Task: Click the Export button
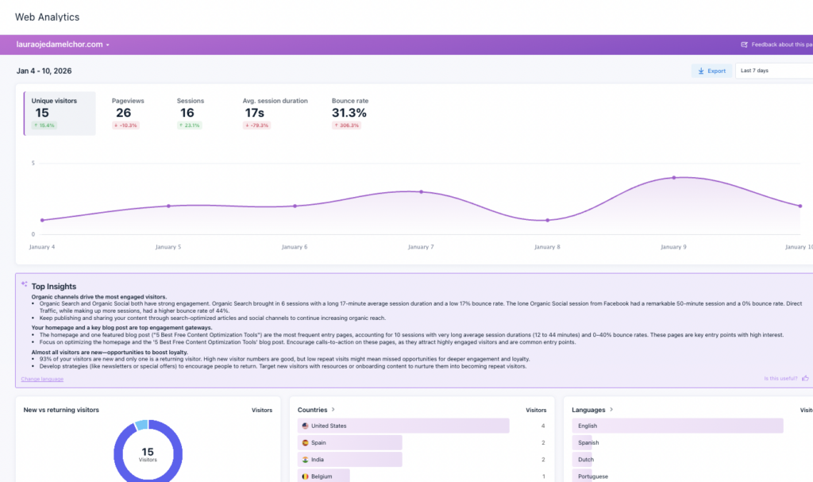click(x=711, y=71)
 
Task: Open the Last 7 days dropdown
click(x=773, y=71)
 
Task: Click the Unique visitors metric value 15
click(x=42, y=113)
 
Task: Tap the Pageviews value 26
click(x=123, y=113)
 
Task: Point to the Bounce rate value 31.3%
click(x=349, y=113)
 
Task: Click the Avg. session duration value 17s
click(x=255, y=113)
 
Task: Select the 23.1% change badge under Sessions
click(x=191, y=125)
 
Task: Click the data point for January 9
click(x=674, y=178)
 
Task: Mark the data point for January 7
click(x=421, y=191)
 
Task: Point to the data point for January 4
click(x=42, y=220)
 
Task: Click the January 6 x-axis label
click(x=295, y=247)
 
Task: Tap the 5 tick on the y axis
click(x=33, y=164)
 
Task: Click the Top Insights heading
click(x=54, y=286)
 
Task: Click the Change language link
click(x=42, y=380)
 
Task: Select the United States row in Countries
click(x=329, y=426)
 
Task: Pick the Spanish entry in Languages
click(x=588, y=443)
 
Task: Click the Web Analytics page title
click(x=48, y=17)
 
